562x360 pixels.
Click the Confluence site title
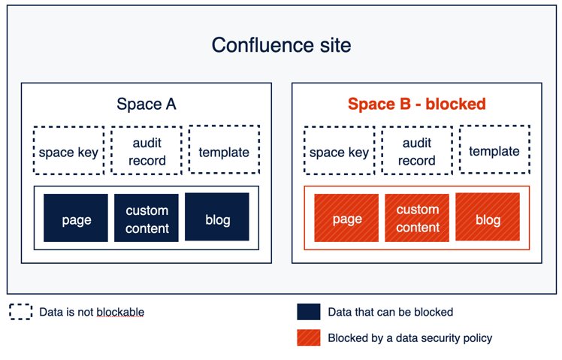coord(281,45)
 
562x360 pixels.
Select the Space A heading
coord(146,104)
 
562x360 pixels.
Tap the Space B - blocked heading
coord(416,104)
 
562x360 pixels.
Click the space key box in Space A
coord(68,152)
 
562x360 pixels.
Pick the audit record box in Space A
coord(147,151)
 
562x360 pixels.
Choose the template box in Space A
coord(224,151)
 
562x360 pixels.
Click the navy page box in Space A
coord(76,219)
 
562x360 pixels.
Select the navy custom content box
coord(147,219)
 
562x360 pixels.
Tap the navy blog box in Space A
coord(217,218)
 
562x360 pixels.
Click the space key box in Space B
coord(339,152)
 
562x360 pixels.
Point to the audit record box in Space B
coord(417,151)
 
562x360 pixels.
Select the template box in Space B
coord(494,150)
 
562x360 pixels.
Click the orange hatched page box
coord(346,218)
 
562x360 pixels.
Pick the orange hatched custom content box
coord(417,218)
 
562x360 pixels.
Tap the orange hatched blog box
coord(488,217)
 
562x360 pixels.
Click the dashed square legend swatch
coord(21,312)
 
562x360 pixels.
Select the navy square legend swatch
coord(309,312)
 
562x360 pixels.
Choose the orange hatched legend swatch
coord(309,337)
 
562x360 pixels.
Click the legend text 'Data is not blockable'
coord(92,312)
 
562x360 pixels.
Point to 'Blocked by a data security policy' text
coord(409,337)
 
